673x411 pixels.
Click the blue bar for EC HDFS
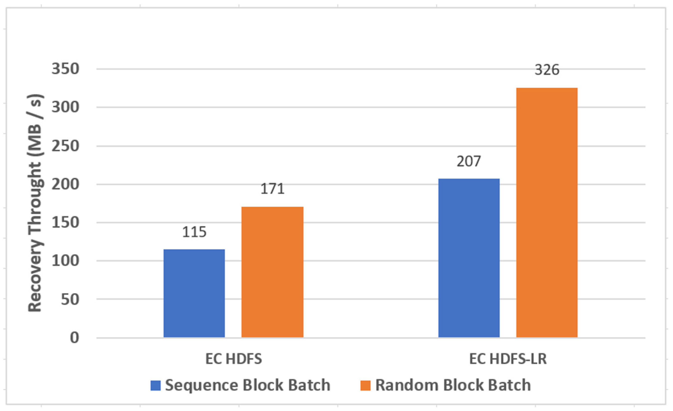194,293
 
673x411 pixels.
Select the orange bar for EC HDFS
272,272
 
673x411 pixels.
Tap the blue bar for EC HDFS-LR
469,258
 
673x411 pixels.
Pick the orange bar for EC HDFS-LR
547,213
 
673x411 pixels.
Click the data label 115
194,232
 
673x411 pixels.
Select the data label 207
469,161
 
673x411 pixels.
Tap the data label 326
547,70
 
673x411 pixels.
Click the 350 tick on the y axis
65,69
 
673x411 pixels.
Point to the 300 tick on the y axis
65,107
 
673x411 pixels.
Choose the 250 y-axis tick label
65,146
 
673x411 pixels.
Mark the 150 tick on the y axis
65,222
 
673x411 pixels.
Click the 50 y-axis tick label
70,299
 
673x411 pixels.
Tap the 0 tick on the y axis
74,338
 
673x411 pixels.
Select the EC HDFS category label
234,359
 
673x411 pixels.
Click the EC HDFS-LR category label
508,359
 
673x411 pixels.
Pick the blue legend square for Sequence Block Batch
156,385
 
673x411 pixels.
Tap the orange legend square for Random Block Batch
365,385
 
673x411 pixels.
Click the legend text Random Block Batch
453,385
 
